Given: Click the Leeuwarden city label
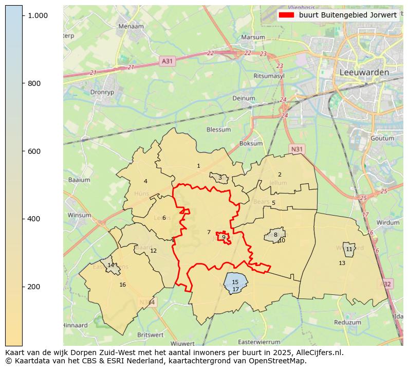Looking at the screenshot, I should (x=364, y=73).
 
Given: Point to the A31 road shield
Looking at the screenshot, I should (x=168, y=61).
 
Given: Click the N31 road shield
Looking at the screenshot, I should (x=296, y=149).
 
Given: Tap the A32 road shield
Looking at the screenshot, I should (x=387, y=284).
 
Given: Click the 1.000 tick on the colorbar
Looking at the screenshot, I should (x=38, y=16).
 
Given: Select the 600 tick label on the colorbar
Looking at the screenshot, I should (x=34, y=151).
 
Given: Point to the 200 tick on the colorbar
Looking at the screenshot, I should (x=34, y=287).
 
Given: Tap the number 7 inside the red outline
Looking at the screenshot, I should (x=209, y=232).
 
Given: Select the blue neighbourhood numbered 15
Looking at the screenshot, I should (x=235, y=282).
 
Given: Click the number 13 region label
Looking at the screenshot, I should (x=342, y=263).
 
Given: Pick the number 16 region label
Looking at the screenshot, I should (x=122, y=285).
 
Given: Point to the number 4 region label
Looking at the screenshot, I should (x=145, y=181).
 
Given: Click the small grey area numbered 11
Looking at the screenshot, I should (x=349, y=249).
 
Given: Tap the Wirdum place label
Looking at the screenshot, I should (x=387, y=223).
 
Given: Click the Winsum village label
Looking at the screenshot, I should (x=79, y=215).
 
